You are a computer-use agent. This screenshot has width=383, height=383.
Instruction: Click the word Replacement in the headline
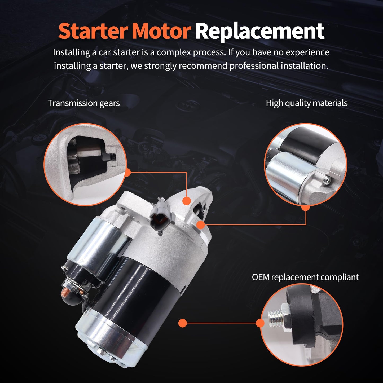pos(259,31)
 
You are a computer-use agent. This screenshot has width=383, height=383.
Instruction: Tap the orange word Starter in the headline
pos(93,31)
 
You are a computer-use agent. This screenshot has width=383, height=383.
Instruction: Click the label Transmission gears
pos(83,103)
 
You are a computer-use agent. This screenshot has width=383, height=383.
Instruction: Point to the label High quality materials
pos(307,103)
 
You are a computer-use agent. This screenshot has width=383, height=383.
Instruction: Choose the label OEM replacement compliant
pos(305,277)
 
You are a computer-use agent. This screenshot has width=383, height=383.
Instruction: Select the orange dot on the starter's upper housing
pos(187,201)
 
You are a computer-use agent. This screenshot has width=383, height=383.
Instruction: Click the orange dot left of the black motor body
pos(183,323)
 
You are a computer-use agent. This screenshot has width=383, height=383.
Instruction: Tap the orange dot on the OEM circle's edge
pos(260,323)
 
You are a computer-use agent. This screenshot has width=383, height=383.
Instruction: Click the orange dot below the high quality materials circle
pos(306,208)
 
